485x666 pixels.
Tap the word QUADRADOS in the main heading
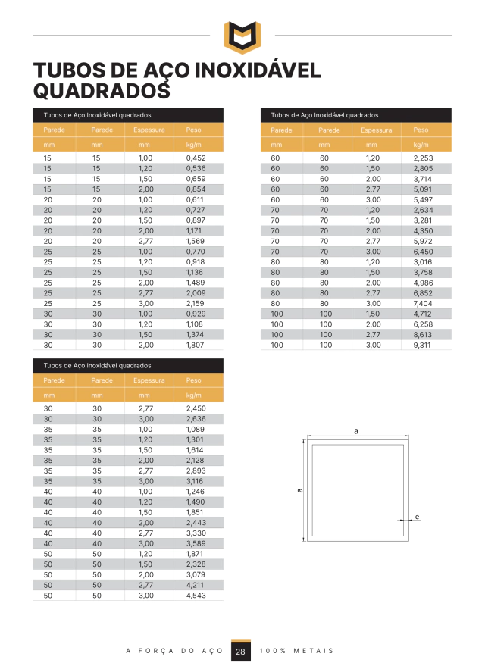click(102, 91)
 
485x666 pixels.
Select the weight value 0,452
click(196, 158)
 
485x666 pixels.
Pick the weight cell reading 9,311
click(423, 345)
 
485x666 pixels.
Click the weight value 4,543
click(196, 596)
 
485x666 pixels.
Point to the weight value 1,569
click(196, 241)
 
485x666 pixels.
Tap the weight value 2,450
click(196, 408)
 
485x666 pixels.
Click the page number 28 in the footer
click(240, 651)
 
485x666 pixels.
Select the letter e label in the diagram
click(417, 517)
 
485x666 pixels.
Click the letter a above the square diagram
click(355, 430)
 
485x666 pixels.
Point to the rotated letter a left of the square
click(300, 490)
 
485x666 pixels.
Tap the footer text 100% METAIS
click(296, 651)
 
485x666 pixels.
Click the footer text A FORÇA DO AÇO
click(174, 651)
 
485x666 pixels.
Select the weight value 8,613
click(423, 334)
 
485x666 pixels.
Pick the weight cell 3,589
click(196, 543)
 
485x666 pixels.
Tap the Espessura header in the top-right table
click(377, 130)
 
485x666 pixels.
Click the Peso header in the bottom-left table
click(193, 380)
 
